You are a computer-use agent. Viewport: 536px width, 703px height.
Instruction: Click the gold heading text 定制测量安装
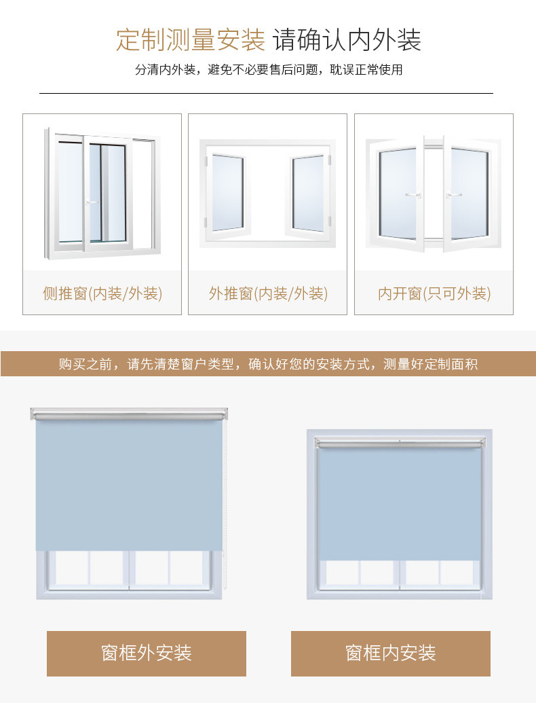point(190,40)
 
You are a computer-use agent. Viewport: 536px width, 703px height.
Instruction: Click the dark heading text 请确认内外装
point(347,40)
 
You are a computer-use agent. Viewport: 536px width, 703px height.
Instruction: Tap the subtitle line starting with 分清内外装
point(268,70)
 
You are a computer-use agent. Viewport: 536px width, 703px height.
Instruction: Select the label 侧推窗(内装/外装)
point(102,293)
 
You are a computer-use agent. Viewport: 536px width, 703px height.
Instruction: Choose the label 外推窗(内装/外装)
point(268,293)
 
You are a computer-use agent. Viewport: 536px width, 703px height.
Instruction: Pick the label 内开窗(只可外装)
point(434,293)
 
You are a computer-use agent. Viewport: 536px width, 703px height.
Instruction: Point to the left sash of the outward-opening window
point(227,193)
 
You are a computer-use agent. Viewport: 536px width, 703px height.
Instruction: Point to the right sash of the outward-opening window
point(309,193)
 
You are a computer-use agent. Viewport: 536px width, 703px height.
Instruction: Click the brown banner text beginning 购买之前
point(268,364)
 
